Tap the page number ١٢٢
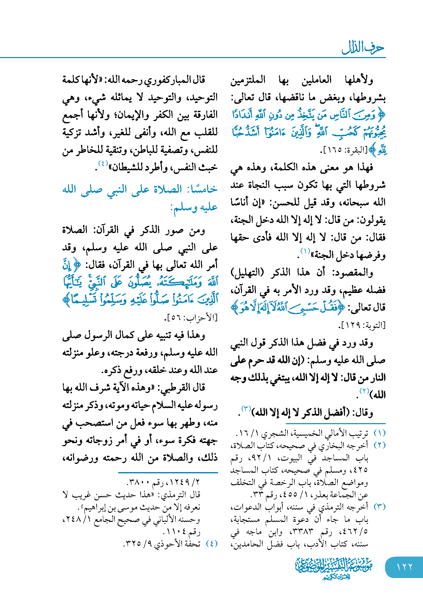[x=405, y=567]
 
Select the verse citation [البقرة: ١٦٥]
[x=343, y=150]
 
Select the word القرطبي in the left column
[x=175, y=387]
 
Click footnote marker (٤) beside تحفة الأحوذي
[x=212, y=544]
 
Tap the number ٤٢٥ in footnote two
[x=360, y=470]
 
